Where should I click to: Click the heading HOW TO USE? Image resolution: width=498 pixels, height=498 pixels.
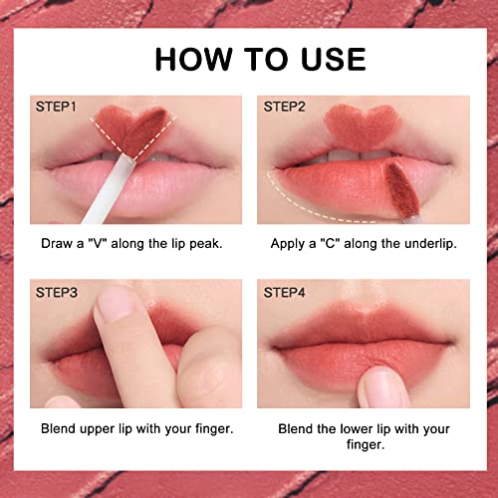[x=248, y=59]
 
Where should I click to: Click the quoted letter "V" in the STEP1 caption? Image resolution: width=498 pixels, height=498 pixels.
[x=102, y=242]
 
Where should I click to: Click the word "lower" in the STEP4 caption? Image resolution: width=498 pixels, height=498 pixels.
[x=353, y=430]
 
